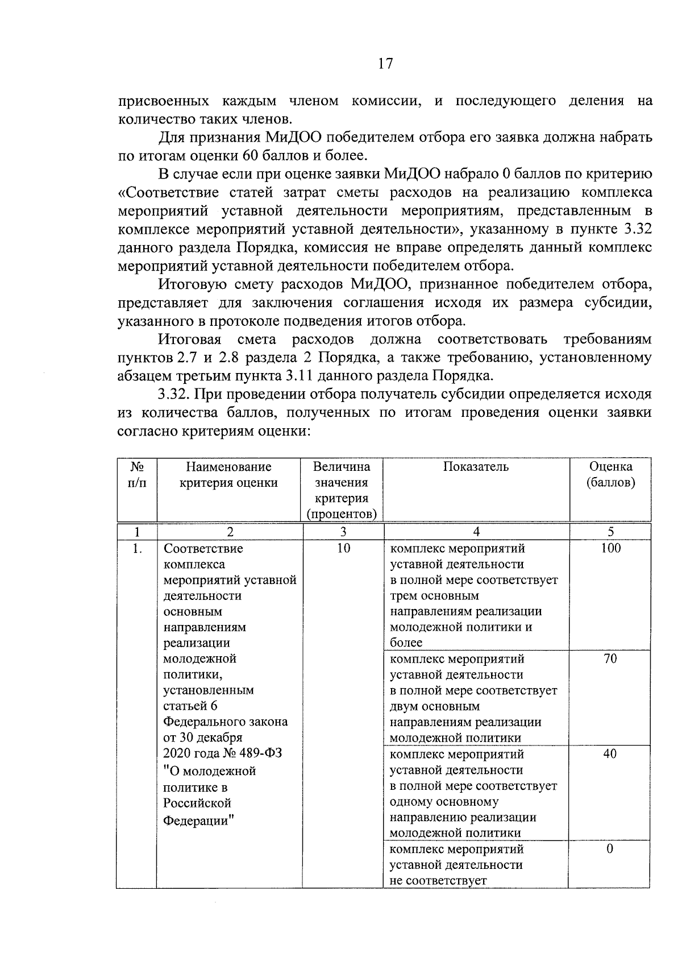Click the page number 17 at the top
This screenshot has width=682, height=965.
tap(385, 64)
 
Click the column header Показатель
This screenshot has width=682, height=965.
tap(476, 467)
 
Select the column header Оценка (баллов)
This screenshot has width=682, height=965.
tap(610, 475)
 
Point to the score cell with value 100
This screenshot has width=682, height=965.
tap(610, 548)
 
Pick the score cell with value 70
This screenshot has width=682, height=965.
tap(610, 658)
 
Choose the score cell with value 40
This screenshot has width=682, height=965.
tap(610, 754)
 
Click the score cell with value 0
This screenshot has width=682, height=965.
tap(610, 849)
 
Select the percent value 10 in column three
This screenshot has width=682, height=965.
tap(343, 548)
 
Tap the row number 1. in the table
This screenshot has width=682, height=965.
tap(136, 549)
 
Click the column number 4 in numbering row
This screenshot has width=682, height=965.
tap(476, 532)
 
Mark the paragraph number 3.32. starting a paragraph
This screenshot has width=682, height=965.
tap(177, 394)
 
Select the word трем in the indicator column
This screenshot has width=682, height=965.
tap(404, 596)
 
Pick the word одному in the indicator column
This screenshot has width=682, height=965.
tap(413, 802)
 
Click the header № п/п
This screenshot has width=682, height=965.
tap(136, 475)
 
